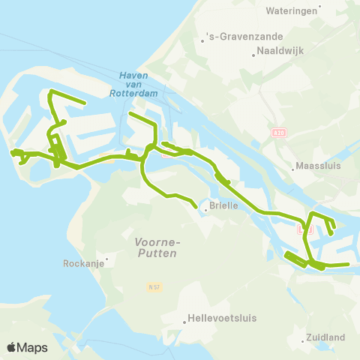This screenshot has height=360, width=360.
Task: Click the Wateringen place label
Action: (292, 12)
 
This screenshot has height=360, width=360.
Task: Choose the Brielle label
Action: (223, 205)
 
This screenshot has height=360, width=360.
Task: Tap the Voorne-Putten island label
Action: (157, 247)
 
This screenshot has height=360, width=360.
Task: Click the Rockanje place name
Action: (82, 264)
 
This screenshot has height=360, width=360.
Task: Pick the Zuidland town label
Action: (325, 337)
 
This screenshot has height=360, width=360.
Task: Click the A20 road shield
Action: (278, 133)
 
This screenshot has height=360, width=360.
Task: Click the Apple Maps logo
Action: (27, 347)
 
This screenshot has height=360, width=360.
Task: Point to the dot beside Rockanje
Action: (107, 260)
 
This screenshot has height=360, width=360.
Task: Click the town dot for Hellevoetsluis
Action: (184, 323)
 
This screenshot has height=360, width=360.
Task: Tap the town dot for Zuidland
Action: (302, 341)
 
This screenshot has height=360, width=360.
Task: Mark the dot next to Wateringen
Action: (320, 7)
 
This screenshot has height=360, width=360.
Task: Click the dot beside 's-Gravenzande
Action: (202, 40)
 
